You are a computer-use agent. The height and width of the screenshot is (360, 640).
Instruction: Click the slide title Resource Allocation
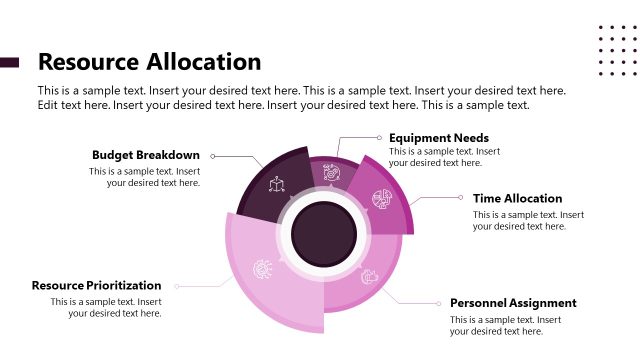pyautogui.click(x=149, y=62)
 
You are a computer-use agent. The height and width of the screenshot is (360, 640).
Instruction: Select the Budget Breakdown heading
pyautogui.click(x=146, y=155)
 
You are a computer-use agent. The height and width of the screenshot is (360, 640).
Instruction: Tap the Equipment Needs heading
pyautogui.click(x=438, y=138)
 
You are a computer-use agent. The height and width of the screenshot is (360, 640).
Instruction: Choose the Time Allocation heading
pyautogui.click(x=517, y=198)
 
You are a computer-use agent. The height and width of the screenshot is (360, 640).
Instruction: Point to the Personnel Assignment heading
pyautogui.click(x=513, y=303)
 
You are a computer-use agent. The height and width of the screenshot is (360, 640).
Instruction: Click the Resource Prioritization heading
pyautogui.click(x=96, y=285)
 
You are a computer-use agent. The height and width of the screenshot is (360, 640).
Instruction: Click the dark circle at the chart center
pyautogui.click(x=324, y=233)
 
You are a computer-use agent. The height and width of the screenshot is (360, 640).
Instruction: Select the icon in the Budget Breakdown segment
pyautogui.click(x=276, y=185)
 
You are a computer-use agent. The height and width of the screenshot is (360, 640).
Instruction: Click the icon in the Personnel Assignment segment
pyautogui.click(x=368, y=276)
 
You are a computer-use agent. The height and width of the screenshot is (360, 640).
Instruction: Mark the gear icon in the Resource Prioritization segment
pyautogui.click(x=262, y=268)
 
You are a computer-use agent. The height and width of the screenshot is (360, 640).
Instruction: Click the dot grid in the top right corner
pyautogui.click(x=617, y=50)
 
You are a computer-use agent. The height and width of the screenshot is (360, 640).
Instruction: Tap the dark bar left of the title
pyautogui.click(x=10, y=62)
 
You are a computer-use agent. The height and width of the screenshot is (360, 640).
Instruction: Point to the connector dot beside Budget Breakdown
pyautogui.click(x=212, y=156)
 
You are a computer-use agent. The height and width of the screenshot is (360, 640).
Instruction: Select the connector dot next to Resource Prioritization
pyautogui.click(x=176, y=286)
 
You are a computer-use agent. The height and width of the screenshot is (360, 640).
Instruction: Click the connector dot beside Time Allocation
pyautogui.click(x=461, y=198)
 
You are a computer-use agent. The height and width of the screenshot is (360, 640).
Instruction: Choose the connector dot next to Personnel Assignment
pyautogui.click(x=438, y=303)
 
